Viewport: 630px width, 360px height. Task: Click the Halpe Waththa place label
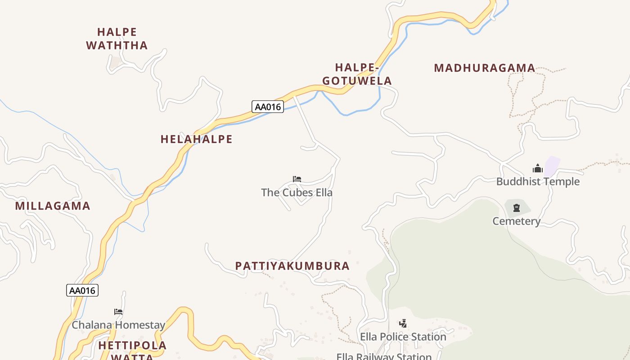117,39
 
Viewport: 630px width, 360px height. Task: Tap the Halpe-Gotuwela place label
357,74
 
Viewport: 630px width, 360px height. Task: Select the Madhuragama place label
484,68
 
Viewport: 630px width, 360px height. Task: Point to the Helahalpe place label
196,139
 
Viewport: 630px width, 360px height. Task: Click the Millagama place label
53,206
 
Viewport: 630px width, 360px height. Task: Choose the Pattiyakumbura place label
292,266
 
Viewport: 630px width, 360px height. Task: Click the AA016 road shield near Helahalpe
267,107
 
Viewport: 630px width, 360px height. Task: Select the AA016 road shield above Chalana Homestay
82,290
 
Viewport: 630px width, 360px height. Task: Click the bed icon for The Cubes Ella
297,179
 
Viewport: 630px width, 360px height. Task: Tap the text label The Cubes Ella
297,193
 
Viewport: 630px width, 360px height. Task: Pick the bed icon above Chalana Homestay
118,311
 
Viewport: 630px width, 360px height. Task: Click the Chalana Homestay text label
118,325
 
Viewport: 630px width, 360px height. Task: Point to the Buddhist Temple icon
537,169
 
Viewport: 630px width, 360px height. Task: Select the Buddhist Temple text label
538,182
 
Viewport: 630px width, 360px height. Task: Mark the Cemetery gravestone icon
516,208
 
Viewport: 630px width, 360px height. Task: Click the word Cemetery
516,221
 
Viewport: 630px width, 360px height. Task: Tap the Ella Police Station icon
403,323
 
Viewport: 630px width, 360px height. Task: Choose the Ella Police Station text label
403,337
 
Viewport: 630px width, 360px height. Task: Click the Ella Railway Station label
384,356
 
